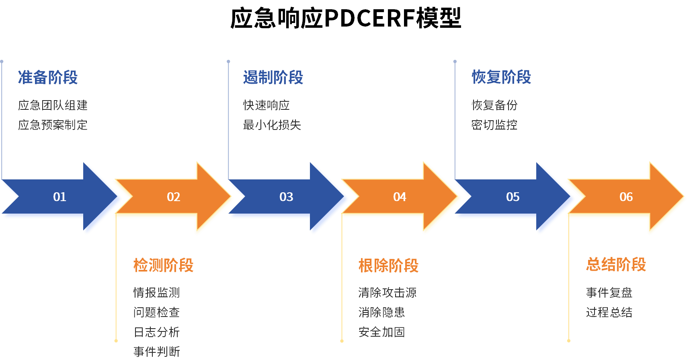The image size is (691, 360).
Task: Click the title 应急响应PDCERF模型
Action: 346,18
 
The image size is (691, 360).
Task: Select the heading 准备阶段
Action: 48,77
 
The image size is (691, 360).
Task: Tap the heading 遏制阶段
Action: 273,77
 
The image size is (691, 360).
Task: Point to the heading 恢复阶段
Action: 501,77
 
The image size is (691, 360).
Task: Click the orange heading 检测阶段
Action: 163,265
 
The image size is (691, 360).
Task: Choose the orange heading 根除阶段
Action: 388,265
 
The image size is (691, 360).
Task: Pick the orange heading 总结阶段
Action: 616,265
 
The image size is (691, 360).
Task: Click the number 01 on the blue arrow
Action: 59,197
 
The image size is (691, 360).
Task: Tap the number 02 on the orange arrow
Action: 173,197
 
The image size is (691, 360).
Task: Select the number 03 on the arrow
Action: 286,197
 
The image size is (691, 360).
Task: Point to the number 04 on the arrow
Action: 400,197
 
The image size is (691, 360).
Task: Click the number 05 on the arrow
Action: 513,197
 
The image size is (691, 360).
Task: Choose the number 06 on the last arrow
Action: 626,197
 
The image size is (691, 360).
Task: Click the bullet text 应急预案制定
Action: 53,125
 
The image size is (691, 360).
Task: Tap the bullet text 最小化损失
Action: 272,125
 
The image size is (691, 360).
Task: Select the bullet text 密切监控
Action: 494,125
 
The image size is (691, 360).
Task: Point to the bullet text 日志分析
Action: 156,332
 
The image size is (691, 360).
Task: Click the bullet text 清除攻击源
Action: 387,292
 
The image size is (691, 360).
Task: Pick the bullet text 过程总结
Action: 609,312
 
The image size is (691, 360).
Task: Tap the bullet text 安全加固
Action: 381,332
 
